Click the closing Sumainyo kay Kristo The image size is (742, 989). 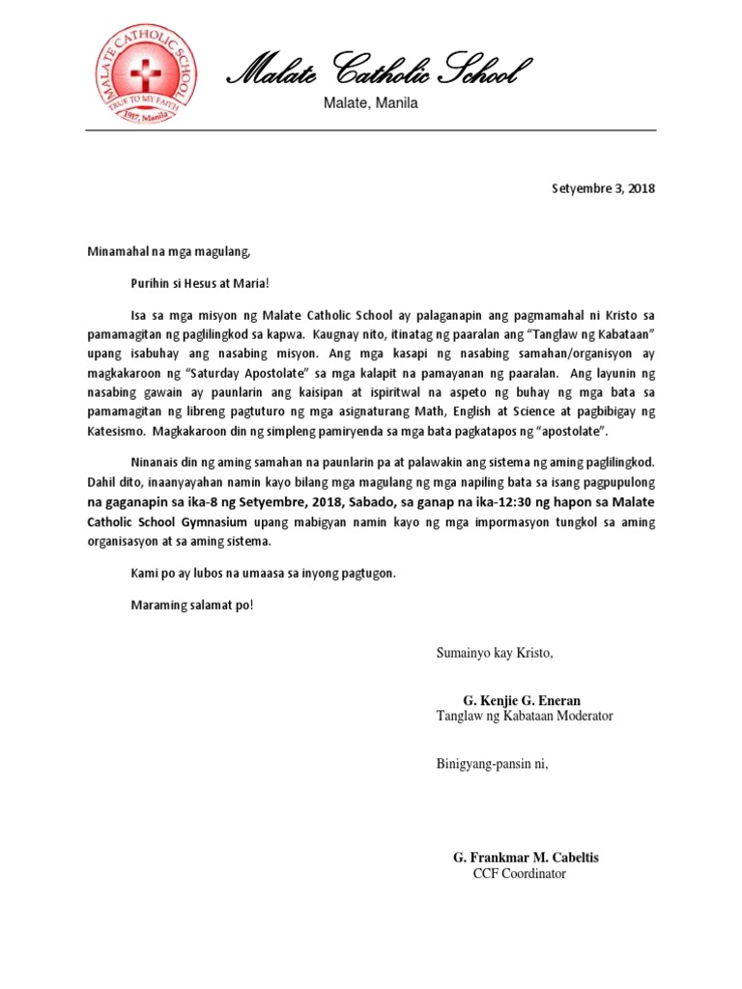pos(494,653)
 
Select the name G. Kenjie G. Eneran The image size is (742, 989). pos(522,699)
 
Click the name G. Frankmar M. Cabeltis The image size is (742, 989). pos(531,858)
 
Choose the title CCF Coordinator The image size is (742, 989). pos(519,874)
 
